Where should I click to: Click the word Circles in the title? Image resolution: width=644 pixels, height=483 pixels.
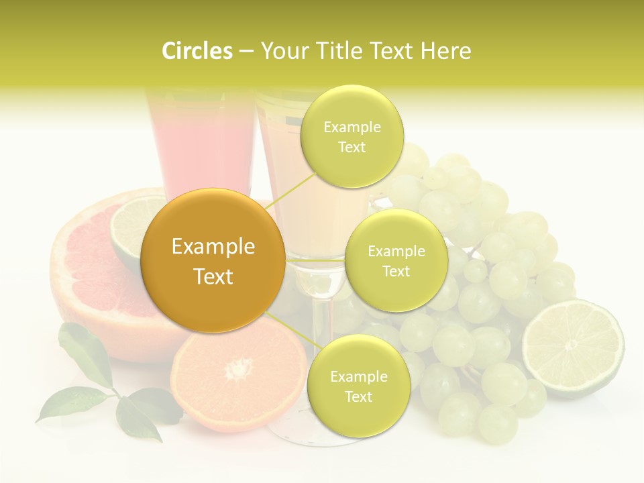coord(197,51)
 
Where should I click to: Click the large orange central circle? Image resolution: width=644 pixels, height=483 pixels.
coord(213,261)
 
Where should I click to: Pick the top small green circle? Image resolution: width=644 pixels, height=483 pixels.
coord(352,137)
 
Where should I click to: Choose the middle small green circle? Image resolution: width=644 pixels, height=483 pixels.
coord(396,261)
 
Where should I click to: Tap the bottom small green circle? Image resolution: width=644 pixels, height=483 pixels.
coord(358,386)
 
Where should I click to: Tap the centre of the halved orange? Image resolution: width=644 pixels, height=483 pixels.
coord(238,368)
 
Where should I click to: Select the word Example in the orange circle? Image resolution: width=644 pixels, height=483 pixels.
coord(213,247)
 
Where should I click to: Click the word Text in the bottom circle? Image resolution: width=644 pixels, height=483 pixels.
coord(358,396)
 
